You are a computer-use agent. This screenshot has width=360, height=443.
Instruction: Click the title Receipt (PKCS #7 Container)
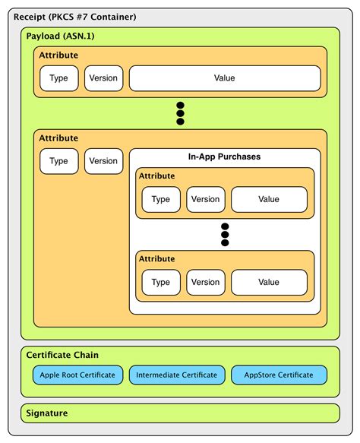coord(75,17)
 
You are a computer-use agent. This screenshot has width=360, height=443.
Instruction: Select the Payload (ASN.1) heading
coord(60,36)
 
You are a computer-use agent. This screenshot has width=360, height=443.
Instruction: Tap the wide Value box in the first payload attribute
coord(225,78)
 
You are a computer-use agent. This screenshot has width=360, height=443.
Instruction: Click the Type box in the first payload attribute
coord(59,78)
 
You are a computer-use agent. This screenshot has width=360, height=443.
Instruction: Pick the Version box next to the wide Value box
coord(103,78)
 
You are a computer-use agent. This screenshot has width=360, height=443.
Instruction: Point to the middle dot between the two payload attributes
coord(180,113)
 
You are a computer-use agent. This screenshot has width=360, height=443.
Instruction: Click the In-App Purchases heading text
coord(225,157)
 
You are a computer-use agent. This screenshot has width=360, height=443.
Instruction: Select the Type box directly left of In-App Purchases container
coord(59,161)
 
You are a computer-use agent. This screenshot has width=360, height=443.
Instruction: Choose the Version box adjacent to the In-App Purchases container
coord(103,161)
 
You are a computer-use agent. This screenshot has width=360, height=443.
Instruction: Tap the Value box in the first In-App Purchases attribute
coord(269,199)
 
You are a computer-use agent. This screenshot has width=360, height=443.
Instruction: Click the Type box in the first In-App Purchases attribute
coord(161,199)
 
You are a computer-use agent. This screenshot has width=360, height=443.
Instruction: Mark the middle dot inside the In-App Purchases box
coord(225,235)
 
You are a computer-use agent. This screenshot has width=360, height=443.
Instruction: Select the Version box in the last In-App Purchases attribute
coord(206,283)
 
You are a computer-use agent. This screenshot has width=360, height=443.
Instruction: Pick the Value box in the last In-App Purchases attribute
coord(269,283)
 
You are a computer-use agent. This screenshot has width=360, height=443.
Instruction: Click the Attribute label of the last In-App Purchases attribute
coord(156,259)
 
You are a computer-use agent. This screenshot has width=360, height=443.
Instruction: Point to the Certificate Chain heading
coord(62,355)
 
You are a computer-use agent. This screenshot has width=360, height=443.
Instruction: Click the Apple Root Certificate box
coord(77,375)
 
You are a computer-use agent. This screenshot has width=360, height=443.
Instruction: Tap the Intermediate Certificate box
coord(177,375)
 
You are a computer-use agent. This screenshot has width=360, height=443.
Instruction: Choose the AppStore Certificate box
coord(279,375)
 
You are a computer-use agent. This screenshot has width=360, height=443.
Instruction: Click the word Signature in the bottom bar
coord(47,413)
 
